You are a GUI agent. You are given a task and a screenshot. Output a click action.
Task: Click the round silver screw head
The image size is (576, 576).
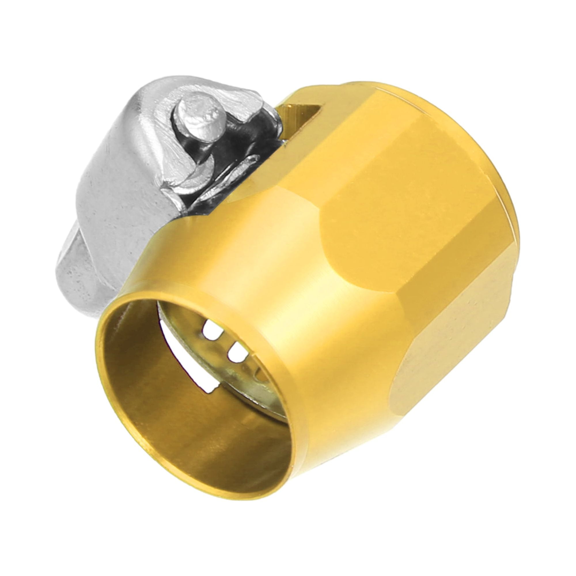[x=201, y=113]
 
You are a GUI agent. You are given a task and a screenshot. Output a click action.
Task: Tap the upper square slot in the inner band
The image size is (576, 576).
[x=212, y=332]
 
